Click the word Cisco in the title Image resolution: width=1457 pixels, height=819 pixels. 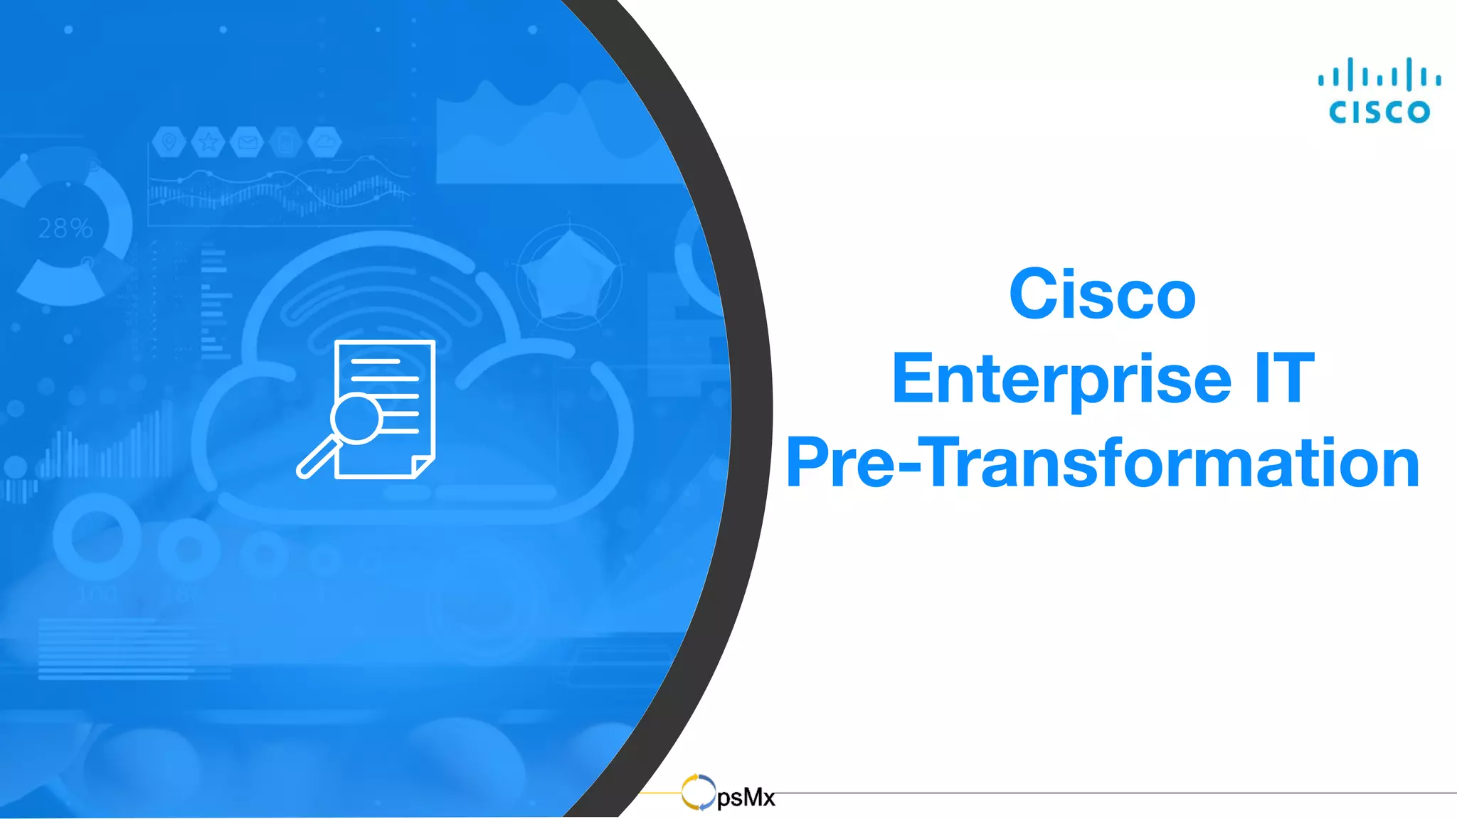coord(1102,295)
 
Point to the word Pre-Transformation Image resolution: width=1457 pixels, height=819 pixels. coord(1102,463)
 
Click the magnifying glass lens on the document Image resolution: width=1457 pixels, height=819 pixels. coord(356,418)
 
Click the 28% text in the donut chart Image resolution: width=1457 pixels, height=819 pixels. coord(65,228)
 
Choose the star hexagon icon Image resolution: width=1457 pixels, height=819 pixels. coord(208,142)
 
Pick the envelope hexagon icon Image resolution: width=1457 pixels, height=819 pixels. coord(247,142)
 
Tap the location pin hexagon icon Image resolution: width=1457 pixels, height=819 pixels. coord(169,142)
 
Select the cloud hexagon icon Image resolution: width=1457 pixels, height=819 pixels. coord(324,142)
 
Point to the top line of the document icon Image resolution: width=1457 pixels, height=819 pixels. coord(375,362)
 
